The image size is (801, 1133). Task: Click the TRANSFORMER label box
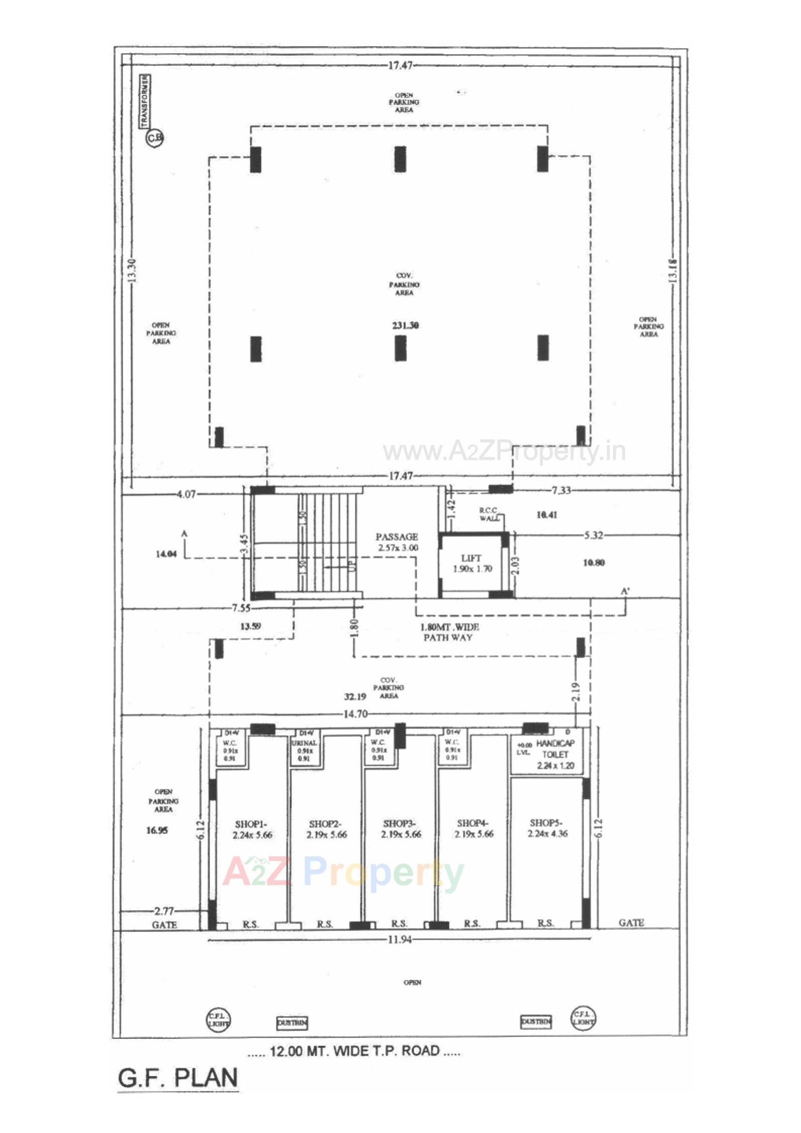[x=145, y=101]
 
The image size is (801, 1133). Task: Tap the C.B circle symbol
[x=154, y=139]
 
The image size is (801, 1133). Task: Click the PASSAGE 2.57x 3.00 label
[x=397, y=542]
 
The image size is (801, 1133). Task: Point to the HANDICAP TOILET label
[x=556, y=754]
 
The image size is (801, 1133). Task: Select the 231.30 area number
[x=405, y=326]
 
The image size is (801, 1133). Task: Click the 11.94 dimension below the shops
[x=399, y=939]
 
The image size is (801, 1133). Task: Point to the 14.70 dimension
[x=355, y=714]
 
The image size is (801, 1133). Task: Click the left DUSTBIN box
[x=292, y=1023]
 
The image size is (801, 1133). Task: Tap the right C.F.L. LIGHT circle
[x=584, y=1019]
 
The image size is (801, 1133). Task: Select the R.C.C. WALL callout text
[x=489, y=514]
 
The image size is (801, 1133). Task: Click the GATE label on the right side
[x=631, y=922]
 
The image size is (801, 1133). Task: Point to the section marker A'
[x=626, y=591]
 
